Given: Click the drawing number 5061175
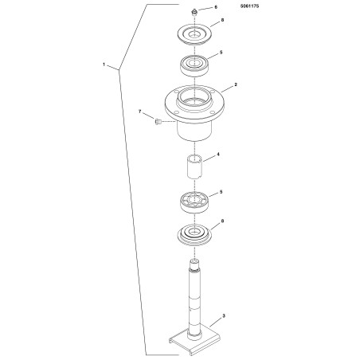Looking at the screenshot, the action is [249, 6].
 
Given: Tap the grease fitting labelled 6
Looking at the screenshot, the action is [194, 13].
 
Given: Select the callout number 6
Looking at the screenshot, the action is [216, 7].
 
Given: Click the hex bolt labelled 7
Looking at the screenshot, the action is [157, 122].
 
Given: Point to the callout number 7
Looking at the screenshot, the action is [140, 112].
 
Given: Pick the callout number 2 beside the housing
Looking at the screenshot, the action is [236, 84].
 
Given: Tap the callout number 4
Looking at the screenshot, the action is [218, 154].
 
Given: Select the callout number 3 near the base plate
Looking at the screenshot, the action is [224, 316].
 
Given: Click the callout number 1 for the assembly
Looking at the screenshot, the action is [104, 65].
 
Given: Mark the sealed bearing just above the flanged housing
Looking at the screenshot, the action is [194, 65].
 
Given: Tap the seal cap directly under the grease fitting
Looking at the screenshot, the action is [194, 35].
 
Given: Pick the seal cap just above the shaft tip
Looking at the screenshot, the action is [194, 235].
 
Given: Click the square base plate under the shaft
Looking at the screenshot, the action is [195, 341].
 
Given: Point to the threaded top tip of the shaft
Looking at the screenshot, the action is [194, 264].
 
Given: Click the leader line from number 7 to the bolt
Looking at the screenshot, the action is [148, 116].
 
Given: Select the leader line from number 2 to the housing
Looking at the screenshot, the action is [226, 88].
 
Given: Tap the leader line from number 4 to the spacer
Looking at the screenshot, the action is [209, 158].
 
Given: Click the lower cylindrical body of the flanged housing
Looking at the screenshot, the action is [194, 131].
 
